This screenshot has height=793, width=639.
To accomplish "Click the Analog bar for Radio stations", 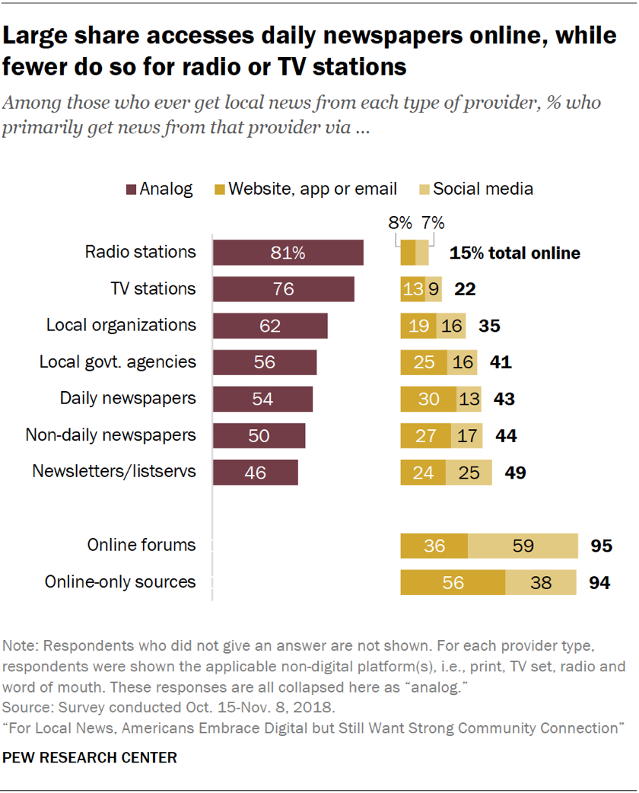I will click(288, 253).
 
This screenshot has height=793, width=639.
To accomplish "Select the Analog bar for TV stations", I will click(283, 289).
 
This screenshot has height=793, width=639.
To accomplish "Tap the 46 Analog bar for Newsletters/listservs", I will click(255, 472).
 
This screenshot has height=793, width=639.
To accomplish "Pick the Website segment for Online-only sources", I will click(453, 582).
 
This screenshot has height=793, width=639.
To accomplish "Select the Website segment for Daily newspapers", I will click(428, 399).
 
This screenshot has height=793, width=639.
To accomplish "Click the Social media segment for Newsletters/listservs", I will click(469, 472).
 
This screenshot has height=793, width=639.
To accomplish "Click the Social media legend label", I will click(485, 189).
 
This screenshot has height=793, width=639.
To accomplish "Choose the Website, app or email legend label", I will click(313, 189).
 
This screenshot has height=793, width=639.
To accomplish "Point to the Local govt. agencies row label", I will click(118, 361).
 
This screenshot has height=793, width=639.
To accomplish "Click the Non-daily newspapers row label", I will click(110, 435).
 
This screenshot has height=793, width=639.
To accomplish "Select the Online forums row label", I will click(141, 545).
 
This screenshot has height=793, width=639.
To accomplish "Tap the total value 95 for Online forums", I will click(601, 546).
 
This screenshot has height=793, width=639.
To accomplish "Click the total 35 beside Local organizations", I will click(489, 326).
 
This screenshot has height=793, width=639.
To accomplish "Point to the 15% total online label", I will click(514, 253).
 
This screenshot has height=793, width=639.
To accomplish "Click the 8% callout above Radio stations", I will click(399, 223).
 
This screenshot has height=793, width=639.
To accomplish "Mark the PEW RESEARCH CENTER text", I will click(90, 757).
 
